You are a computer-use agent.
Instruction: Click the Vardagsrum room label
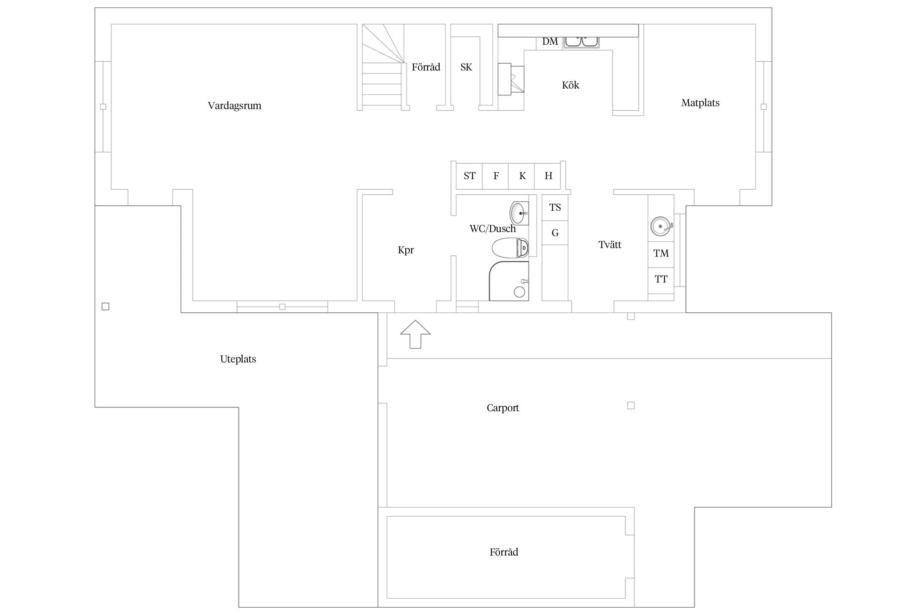234,106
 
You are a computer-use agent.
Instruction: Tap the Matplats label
700,103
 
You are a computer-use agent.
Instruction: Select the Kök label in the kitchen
570,85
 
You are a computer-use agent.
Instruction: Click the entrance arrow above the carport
416,334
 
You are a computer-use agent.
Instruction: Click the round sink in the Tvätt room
661,226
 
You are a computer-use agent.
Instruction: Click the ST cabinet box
469,176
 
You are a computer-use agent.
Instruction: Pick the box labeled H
548,176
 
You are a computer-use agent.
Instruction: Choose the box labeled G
555,233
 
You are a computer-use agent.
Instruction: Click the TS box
555,207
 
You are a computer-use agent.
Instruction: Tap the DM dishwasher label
550,41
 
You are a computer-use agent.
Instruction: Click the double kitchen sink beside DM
581,42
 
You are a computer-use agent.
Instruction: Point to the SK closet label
466,67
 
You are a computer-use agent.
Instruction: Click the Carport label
503,408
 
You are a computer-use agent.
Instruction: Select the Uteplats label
238,359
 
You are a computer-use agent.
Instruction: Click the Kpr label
406,250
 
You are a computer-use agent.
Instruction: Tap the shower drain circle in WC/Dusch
519,292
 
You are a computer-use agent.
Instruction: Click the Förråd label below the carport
504,552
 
